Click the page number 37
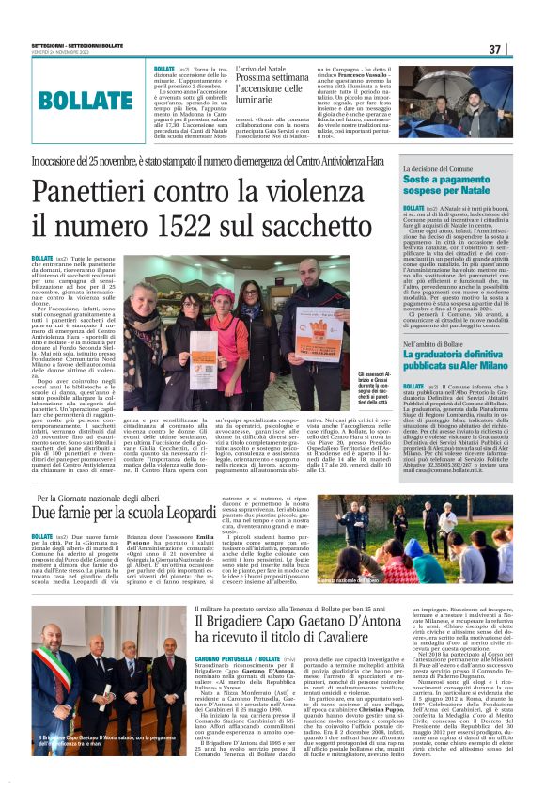[521, 49]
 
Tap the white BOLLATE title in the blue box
[86, 100]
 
